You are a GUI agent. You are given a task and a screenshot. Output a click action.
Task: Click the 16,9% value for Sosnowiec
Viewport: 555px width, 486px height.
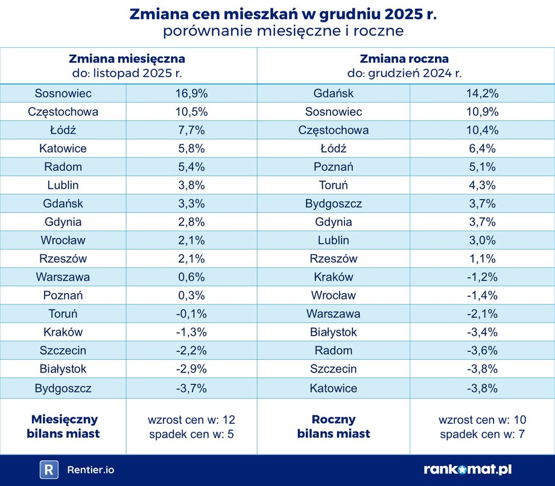191,94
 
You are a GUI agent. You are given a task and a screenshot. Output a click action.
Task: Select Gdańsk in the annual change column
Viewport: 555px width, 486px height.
333,94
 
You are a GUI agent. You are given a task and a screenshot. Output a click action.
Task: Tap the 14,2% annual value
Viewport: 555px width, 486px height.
482,94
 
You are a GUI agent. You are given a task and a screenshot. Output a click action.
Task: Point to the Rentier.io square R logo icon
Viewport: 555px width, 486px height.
49,470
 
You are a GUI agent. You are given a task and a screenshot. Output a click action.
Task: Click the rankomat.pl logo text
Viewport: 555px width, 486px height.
468,470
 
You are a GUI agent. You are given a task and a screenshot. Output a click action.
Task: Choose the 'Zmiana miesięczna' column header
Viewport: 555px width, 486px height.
127,59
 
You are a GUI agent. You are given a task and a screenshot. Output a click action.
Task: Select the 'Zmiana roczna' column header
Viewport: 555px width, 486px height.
404,59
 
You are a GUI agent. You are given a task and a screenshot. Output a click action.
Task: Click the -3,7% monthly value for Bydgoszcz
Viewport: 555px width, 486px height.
191,388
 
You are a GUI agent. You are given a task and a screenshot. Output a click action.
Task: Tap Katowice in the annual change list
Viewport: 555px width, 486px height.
333,388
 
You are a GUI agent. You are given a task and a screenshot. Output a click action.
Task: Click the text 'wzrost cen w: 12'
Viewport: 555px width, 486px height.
191,420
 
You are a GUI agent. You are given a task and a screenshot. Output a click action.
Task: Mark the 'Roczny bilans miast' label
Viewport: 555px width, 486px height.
333,426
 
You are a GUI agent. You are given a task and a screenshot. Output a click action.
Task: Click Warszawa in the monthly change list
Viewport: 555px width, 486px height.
63,277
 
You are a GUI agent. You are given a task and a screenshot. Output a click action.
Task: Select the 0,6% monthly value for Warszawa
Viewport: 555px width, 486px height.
191,277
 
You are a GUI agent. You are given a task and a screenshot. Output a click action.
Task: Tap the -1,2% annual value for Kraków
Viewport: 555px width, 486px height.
482,277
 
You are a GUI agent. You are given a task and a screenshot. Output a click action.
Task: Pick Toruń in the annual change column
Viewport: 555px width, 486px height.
333,185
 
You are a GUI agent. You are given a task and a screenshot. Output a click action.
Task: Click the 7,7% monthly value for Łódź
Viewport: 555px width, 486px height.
191,130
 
